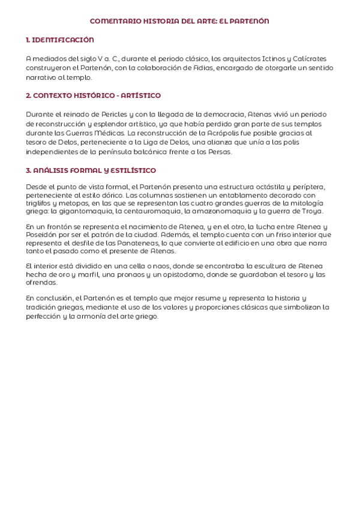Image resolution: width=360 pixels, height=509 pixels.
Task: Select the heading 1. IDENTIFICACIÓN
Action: [x=60, y=40]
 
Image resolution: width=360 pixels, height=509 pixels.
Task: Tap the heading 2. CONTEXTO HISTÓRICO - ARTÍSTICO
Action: [x=93, y=96]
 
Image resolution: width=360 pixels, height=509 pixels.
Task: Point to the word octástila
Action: [x=266, y=187]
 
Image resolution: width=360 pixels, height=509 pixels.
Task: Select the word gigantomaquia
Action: [x=87, y=211]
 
